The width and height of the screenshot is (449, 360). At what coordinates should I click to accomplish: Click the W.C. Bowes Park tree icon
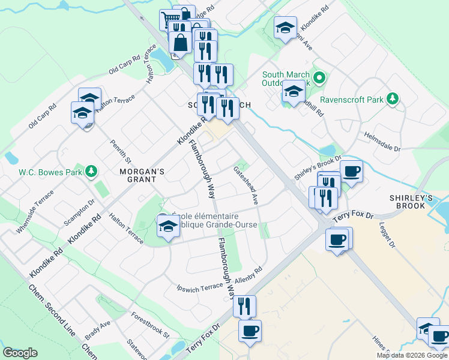[x=91, y=172]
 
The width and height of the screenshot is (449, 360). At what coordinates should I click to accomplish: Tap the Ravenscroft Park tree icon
[x=393, y=98]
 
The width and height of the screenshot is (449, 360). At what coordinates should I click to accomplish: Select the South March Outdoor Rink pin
[x=320, y=78]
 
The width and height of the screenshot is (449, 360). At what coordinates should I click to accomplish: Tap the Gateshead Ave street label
[x=246, y=185]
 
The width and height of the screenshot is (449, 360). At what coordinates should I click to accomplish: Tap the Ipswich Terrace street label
[x=200, y=287]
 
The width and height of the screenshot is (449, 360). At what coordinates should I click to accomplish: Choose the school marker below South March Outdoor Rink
[x=293, y=92]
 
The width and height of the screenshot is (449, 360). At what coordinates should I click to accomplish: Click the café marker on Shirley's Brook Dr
[x=351, y=171]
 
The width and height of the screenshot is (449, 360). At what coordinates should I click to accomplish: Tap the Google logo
[x=20, y=353]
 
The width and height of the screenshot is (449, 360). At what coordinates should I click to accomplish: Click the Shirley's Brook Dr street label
[x=318, y=167]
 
